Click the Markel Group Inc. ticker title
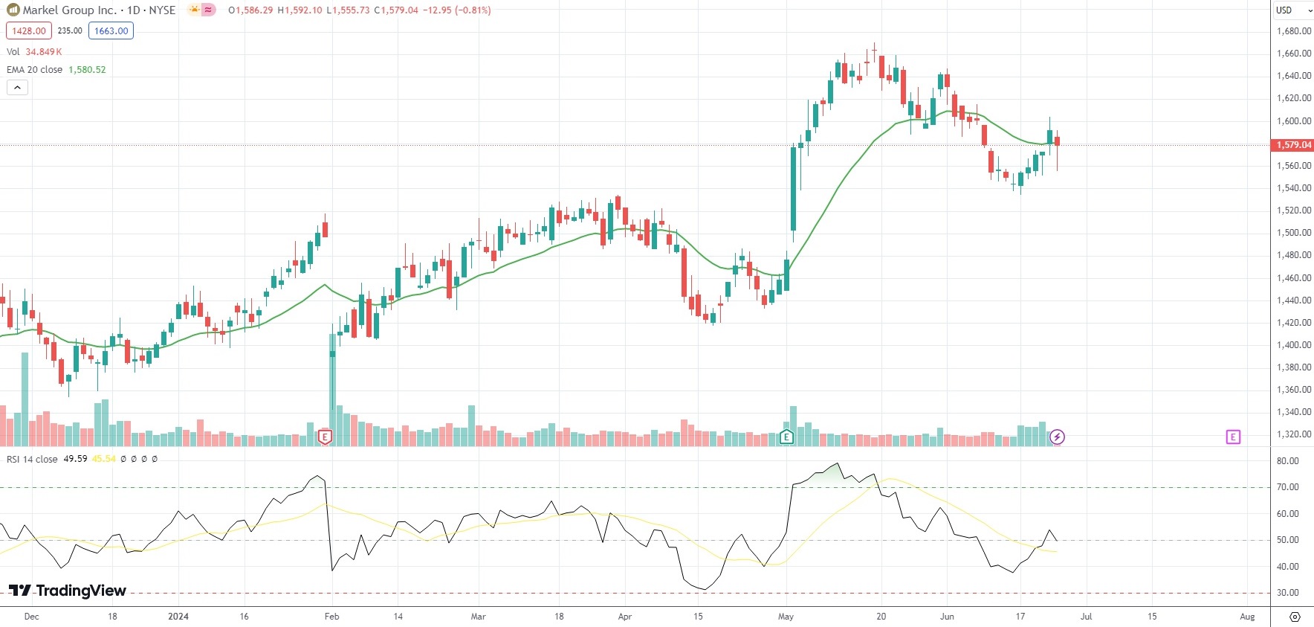tap(70, 10)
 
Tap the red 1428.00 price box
tap(29, 31)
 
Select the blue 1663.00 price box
tap(111, 31)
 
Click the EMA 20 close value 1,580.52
tap(87, 70)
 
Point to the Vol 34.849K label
tap(34, 52)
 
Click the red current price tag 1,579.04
tap(1293, 145)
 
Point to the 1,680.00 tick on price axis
tap(1293, 31)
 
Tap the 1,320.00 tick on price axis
tap(1293, 434)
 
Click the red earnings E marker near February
tap(325, 437)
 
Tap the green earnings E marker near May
tap(786, 437)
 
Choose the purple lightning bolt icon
tap(1057, 437)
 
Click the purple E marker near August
tap(1233, 437)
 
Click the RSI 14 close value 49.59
tap(75, 459)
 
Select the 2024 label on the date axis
tap(178, 617)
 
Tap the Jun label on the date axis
tap(947, 617)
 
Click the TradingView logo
tap(68, 591)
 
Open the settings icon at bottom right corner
tap(1295, 617)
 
